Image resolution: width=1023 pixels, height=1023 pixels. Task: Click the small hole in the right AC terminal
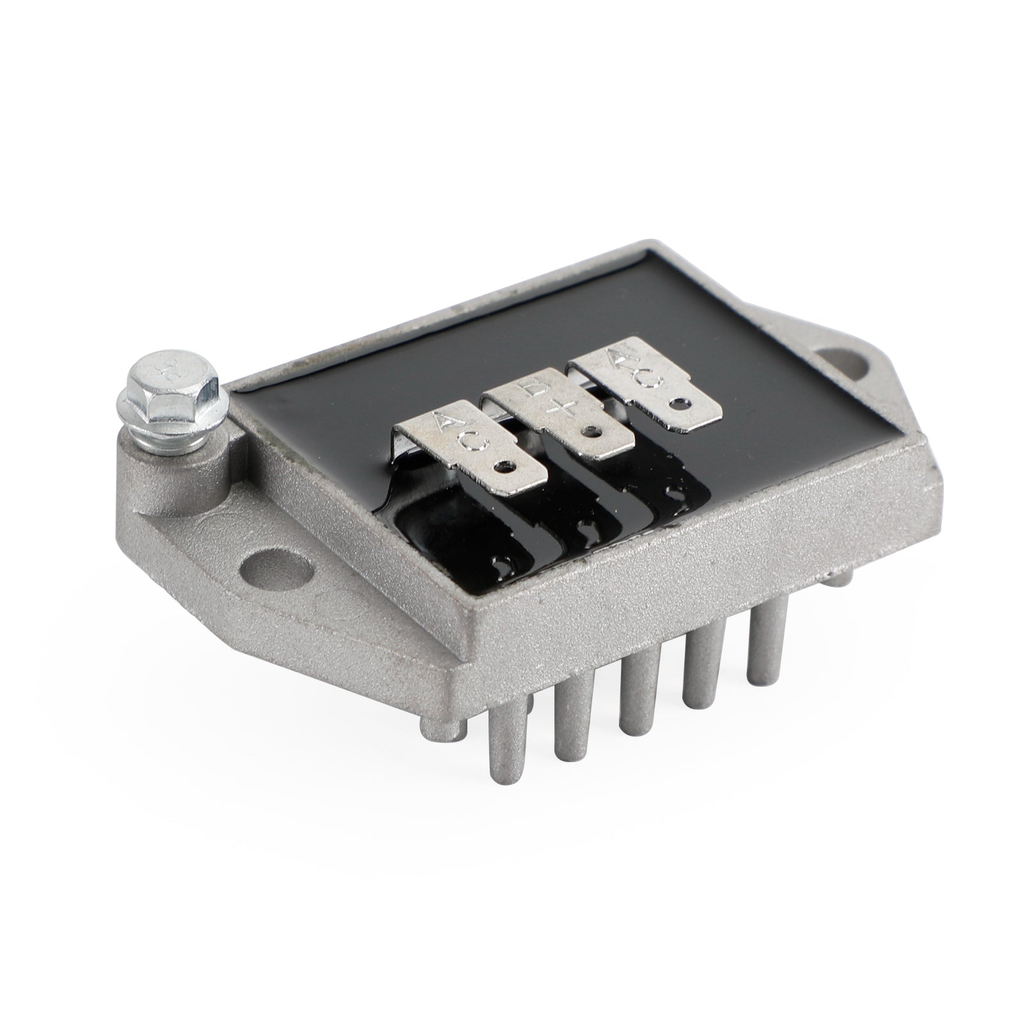[676, 403]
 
